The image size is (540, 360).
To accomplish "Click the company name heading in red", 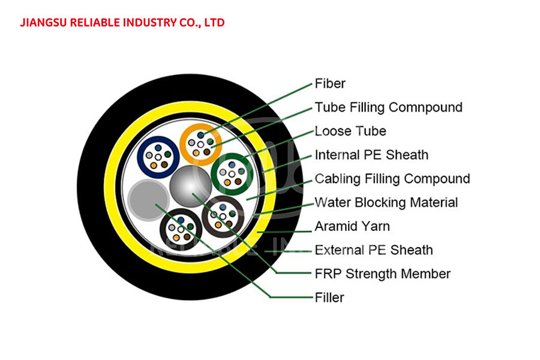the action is click(x=122, y=22).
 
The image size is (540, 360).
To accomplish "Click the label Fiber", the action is click(x=330, y=83).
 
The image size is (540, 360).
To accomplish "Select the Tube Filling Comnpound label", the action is click(x=388, y=107).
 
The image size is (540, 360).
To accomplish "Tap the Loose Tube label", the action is click(x=350, y=131).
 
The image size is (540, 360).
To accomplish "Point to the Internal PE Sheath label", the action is click(x=371, y=155).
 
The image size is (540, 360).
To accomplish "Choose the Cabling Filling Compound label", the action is click(x=392, y=179).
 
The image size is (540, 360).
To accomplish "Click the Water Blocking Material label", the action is click(x=386, y=202).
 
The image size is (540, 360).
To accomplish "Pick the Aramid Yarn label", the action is click(x=352, y=226).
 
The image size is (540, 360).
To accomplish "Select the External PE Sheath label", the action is click(x=374, y=250).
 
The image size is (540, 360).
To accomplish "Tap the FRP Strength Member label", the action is click(x=383, y=274).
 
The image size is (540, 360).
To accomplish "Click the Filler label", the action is click(x=329, y=298).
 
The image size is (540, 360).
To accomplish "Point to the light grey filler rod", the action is click(x=148, y=200).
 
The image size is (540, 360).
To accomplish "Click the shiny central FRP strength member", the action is click(x=190, y=186).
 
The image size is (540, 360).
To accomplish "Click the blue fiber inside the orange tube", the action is click(x=201, y=136).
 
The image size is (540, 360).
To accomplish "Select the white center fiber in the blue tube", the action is click(x=158, y=157).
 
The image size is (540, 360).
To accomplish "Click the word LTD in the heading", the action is click(x=215, y=22).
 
